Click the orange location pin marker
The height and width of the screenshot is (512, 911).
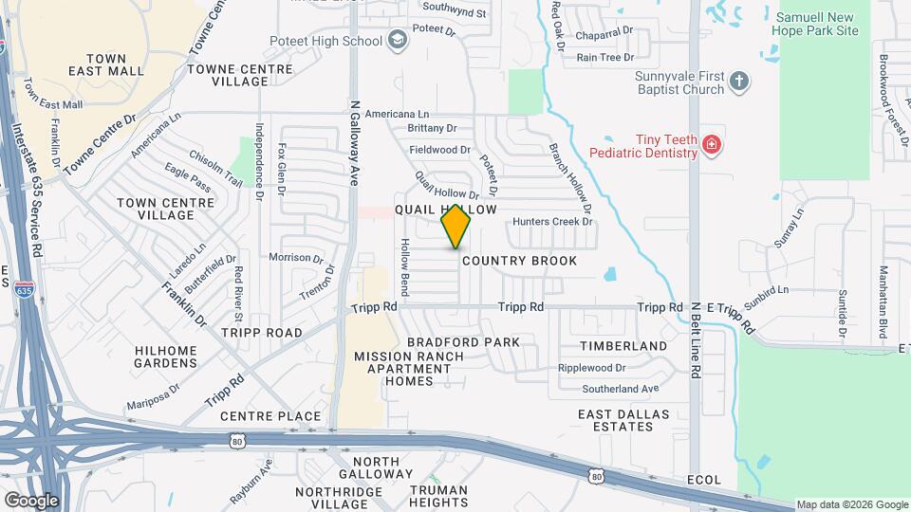pyautogui.click(x=456, y=226)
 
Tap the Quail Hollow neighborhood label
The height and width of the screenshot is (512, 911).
pyautogui.click(x=445, y=209)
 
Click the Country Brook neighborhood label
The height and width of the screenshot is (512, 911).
pyautogui.click(x=519, y=260)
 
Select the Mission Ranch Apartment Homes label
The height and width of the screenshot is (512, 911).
pyautogui.click(x=408, y=368)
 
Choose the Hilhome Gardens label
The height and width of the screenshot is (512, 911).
pyautogui.click(x=166, y=357)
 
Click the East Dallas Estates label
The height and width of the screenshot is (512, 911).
pyautogui.click(x=623, y=420)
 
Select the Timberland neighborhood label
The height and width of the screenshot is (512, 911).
pyautogui.click(x=623, y=346)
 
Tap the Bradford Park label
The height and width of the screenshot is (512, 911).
pyautogui.click(x=463, y=341)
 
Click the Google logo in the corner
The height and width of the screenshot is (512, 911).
pyautogui.click(x=31, y=500)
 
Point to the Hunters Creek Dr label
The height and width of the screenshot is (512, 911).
pyautogui.click(x=552, y=222)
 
